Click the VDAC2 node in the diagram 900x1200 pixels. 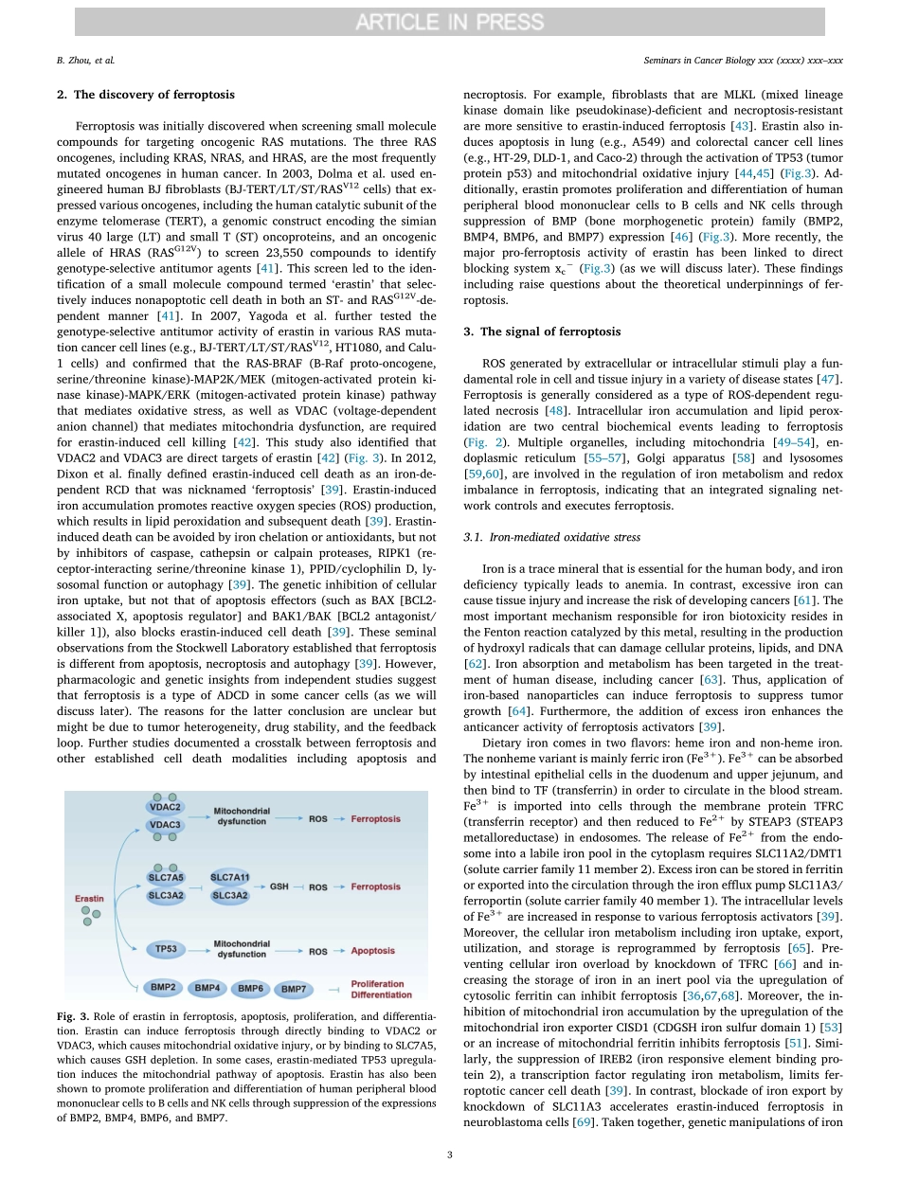165,806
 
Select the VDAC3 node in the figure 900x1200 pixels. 165,825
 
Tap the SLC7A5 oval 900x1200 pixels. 166,877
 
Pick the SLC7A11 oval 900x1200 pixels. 229,877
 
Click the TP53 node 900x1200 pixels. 166,947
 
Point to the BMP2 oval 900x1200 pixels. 163,987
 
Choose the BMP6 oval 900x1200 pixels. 250,988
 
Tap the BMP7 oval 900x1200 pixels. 294,989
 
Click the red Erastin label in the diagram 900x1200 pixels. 90,898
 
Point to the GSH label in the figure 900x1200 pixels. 279,887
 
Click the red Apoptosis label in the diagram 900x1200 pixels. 372,951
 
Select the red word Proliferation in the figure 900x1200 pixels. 377,983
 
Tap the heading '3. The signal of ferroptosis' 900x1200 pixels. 541,331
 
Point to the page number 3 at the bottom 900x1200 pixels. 449,1154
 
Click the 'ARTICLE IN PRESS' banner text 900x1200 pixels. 449,22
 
